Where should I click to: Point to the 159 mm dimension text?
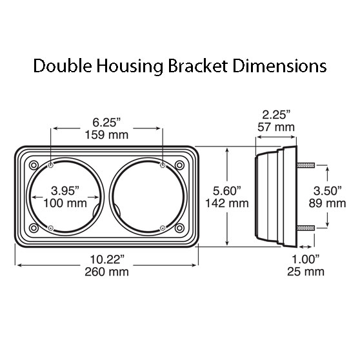tap(106, 135)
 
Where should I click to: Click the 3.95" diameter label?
tap(66, 191)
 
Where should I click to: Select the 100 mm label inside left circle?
tap(66, 204)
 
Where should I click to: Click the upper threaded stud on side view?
tap(305, 166)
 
